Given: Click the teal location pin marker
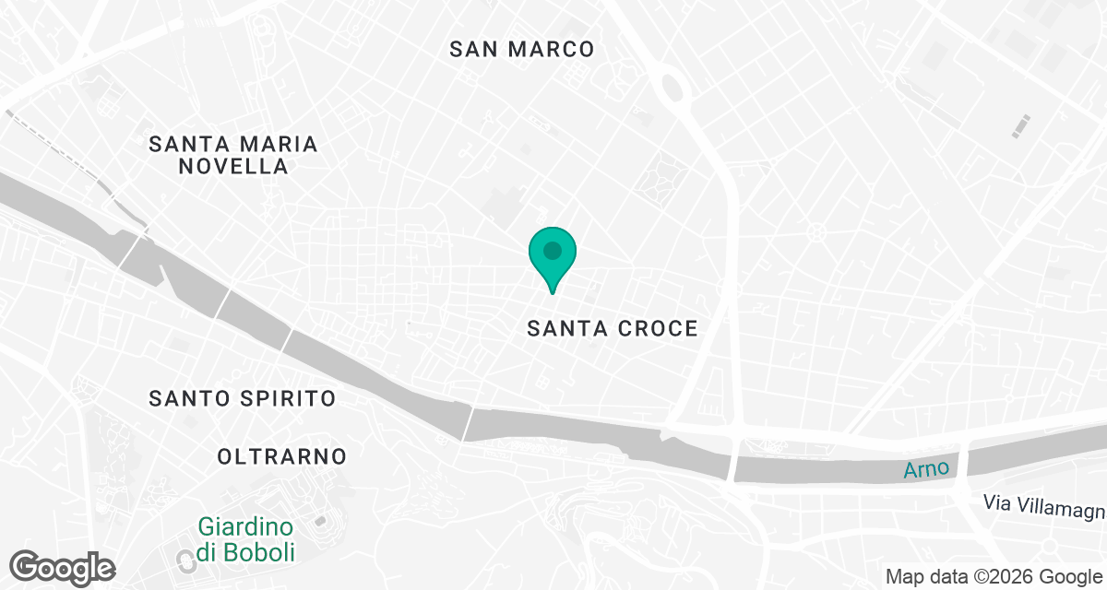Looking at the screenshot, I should pyautogui.click(x=553, y=257).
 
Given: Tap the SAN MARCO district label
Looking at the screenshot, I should pyautogui.click(x=521, y=49).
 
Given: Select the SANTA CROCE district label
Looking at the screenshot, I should pyautogui.click(x=613, y=328).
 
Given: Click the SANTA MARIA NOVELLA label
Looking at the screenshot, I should pyautogui.click(x=233, y=155).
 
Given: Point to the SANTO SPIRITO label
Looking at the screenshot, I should pyautogui.click(x=243, y=398).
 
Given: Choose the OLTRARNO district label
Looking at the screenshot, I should pyautogui.click(x=281, y=456).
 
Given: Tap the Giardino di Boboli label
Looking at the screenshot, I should pyautogui.click(x=245, y=540).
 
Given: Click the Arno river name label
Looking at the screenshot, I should pyautogui.click(x=926, y=469).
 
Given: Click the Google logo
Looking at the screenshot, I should pyautogui.click(x=63, y=566).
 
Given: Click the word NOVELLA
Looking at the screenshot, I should pyautogui.click(x=233, y=167).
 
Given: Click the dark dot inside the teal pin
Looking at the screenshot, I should pyautogui.click(x=553, y=250).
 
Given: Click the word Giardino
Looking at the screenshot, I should pyautogui.click(x=245, y=528).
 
